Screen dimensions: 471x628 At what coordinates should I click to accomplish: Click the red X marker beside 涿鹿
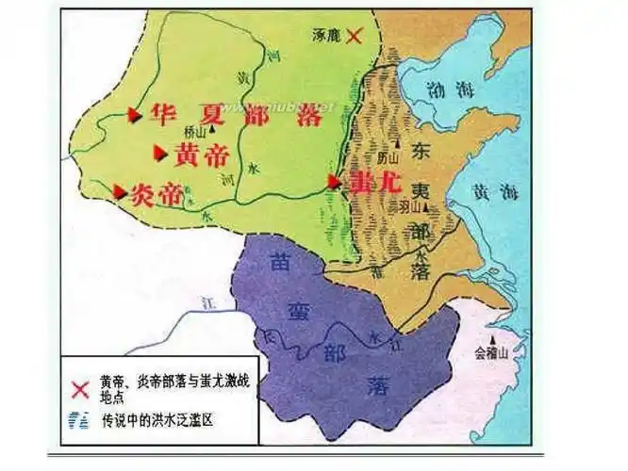[x=355, y=36]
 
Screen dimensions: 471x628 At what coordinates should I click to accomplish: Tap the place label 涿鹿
[x=326, y=35]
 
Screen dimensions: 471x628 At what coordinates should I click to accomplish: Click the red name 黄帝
[x=201, y=152]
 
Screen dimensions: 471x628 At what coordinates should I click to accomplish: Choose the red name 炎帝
[x=155, y=194]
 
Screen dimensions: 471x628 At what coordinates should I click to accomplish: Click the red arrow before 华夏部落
[x=134, y=115]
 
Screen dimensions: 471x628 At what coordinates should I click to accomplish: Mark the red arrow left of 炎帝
[x=119, y=191]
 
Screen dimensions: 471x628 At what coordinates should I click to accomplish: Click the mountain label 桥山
[x=197, y=133]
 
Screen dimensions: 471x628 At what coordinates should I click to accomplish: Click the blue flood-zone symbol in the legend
[x=81, y=420]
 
